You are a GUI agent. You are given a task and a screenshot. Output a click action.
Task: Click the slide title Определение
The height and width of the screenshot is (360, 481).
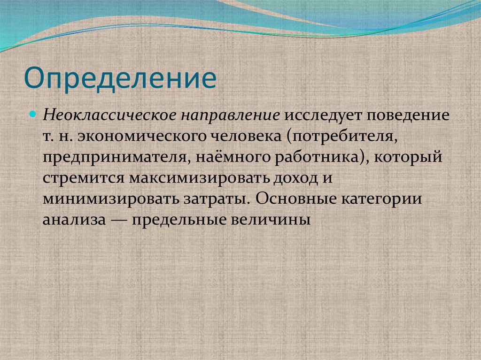click(x=120, y=78)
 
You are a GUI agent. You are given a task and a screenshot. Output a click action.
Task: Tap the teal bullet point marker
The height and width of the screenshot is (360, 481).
click(x=33, y=114)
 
